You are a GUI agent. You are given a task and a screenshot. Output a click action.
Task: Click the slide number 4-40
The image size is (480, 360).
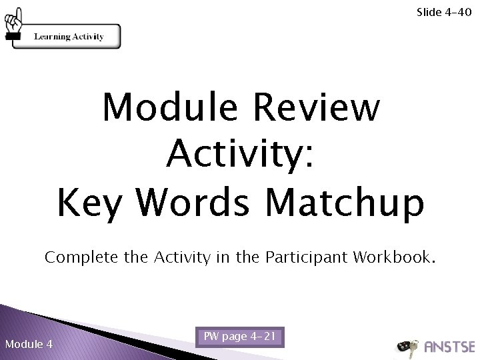click(x=457, y=11)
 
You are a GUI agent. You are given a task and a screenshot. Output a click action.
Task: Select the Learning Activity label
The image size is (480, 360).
click(x=69, y=37)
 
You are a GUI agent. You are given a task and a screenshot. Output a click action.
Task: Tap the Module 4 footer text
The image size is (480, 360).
click(x=29, y=344)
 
